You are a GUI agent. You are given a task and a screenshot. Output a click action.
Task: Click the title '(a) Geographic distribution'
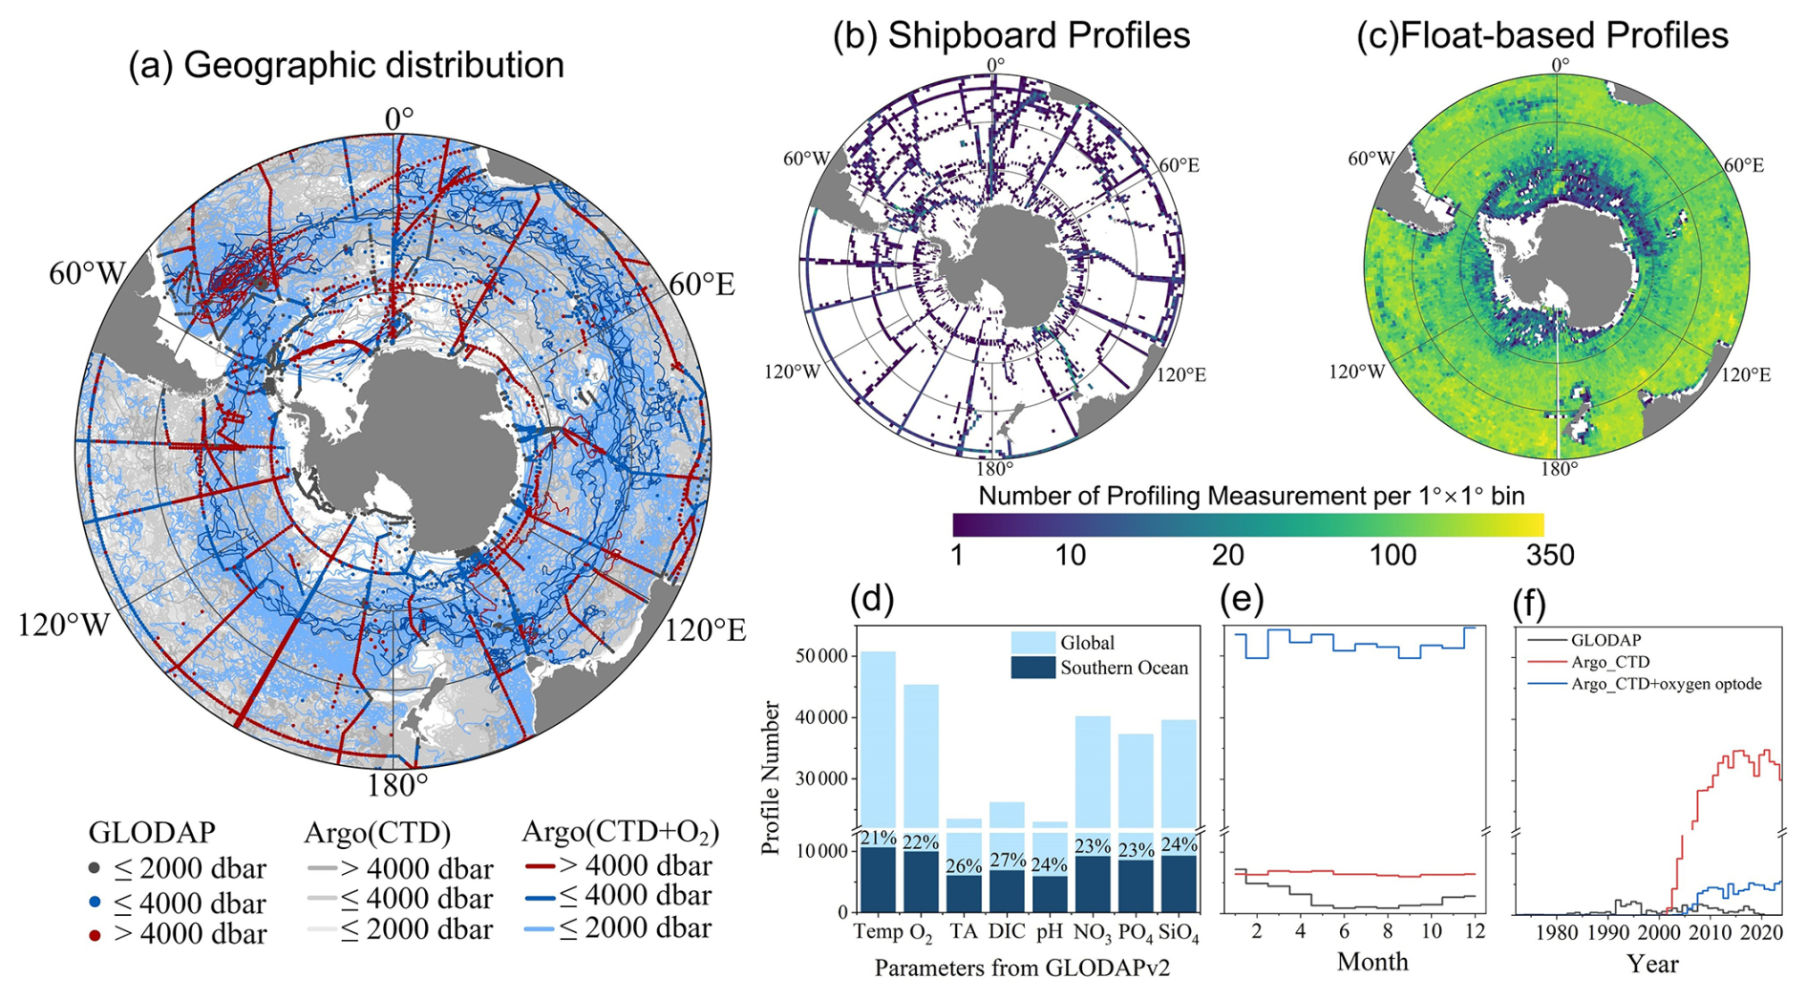(x=346, y=66)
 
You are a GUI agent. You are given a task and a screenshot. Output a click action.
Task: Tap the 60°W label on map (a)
(x=87, y=274)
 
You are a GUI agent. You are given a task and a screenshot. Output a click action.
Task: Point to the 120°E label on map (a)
(x=705, y=630)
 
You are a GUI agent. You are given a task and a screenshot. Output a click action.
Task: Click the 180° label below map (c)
(x=1559, y=469)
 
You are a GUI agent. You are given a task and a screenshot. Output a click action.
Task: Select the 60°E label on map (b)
(x=1179, y=165)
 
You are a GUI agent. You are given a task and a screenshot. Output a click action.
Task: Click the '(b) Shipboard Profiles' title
(x=1011, y=35)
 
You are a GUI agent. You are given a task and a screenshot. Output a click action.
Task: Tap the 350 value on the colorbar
(x=1549, y=555)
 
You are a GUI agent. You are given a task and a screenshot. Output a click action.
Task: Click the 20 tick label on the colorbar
(x=1227, y=555)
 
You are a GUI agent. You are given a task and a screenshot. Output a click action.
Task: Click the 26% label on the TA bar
(x=964, y=866)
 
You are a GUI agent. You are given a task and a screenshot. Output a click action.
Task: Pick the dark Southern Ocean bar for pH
(x=1050, y=894)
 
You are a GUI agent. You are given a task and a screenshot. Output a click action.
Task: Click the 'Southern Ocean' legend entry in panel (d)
(x=1123, y=668)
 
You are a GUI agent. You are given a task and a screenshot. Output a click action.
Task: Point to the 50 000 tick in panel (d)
(x=821, y=656)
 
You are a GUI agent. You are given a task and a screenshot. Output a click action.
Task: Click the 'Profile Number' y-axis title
(x=772, y=777)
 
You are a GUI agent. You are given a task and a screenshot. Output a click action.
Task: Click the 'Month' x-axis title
(x=1372, y=962)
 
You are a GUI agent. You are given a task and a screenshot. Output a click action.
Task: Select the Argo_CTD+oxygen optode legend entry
(x=1666, y=684)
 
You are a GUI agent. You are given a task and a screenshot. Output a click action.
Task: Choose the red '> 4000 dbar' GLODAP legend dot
(x=95, y=935)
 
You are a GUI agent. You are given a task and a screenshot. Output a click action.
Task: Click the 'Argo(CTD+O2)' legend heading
(x=620, y=832)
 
